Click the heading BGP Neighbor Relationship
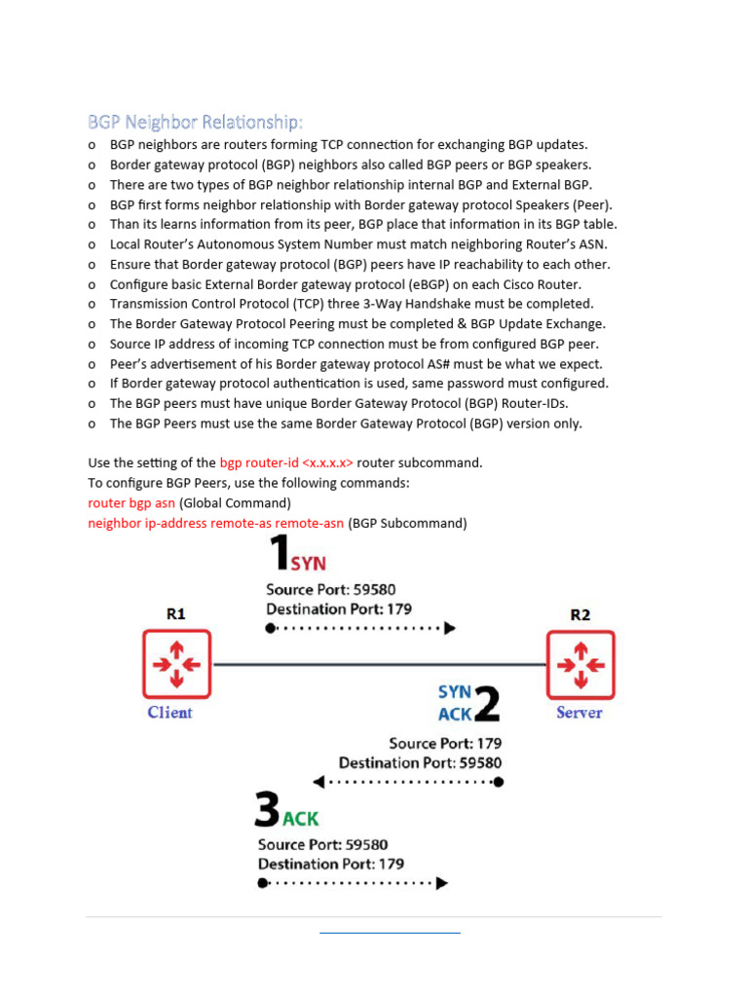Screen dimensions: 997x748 pyautogui.click(x=195, y=122)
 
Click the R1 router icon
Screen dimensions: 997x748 pyautogui.click(x=176, y=664)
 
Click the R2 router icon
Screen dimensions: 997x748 pyautogui.click(x=580, y=664)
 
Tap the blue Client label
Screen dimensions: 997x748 pyautogui.click(x=169, y=713)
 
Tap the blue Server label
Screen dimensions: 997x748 pyautogui.click(x=579, y=713)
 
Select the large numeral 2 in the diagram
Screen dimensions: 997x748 pyautogui.click(x=486, y=702)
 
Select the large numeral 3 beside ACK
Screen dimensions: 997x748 pyautogui.click(x=266, y=810)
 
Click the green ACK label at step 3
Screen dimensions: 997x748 pyautogui.click(x=300, y=819)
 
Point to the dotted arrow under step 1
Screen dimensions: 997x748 pyautogui.click(x=360, y=629)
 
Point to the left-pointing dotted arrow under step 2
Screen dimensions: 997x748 pyautogui.click(x=407, y=782)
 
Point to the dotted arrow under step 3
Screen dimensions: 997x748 pyautogui.click(x=353, y=883)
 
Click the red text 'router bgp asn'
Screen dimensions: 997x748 pyautogui.click(x=131, y=503)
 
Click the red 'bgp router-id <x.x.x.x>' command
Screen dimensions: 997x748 pyautogui.click(x=286, y=462)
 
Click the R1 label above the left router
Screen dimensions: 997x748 pyautogui.click(x=175, y=613)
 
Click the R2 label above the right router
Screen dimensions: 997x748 pyautogui.click(x=580, y=614)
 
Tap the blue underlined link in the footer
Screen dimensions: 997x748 pyautogui.click(x=390, y=933)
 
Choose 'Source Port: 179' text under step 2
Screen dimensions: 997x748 pyautogui.click(x=445, y=744)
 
